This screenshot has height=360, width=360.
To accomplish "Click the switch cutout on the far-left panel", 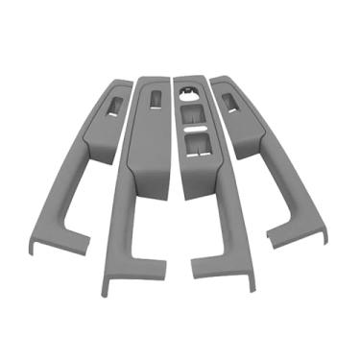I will click(112, 108).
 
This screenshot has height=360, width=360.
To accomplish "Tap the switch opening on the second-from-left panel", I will click(154, 99).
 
